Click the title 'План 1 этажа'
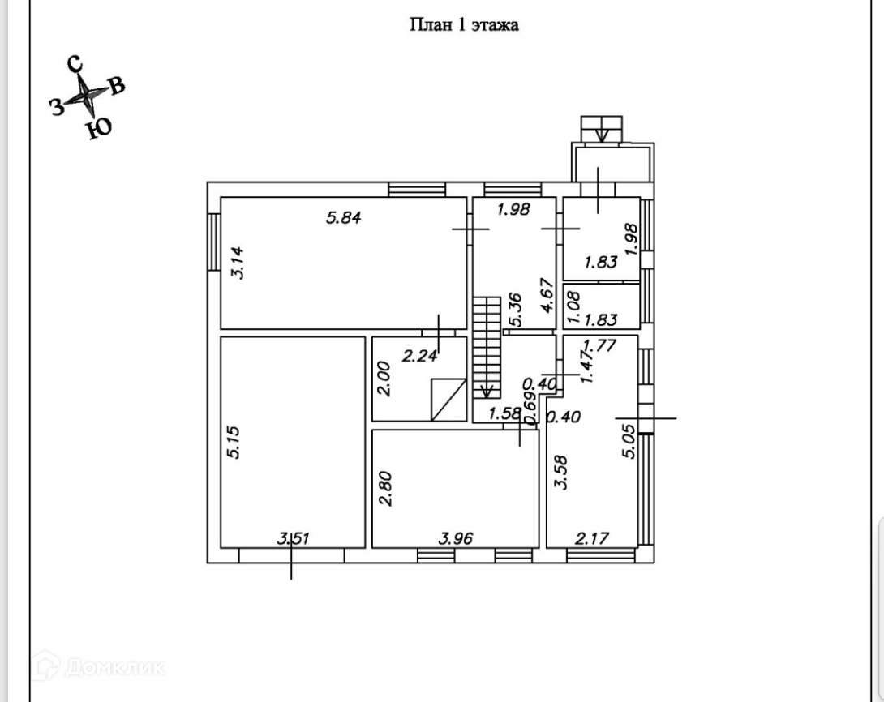[x=463, y=24]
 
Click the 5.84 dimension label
[x=343, y=216]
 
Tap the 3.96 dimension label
[x=455, y=537]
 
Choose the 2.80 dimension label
[x=386, y=489]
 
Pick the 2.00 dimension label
[x=385, y=378]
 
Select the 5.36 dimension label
[x=513, y=310]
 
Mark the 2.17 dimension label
[x=593, y=537]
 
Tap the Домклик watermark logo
[x=101, y=667]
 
